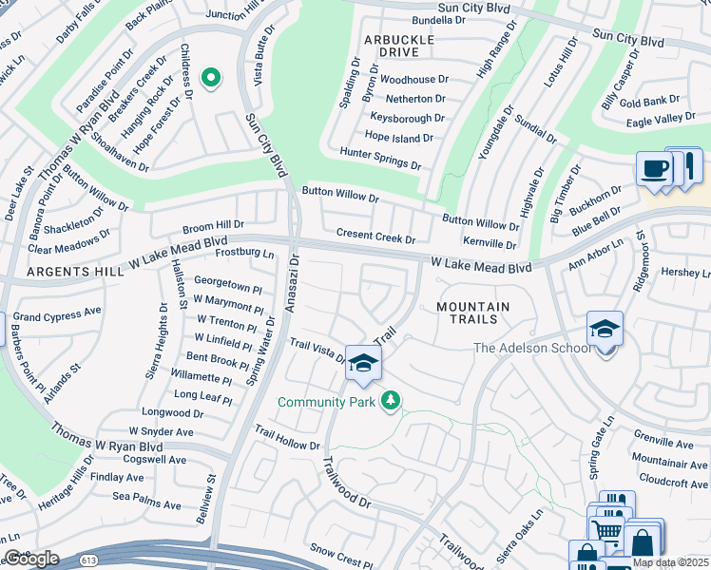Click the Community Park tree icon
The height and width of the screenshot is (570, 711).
390,402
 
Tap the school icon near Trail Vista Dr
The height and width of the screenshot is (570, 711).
362,364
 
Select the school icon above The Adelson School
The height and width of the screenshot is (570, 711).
605,330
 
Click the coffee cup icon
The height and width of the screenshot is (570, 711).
654,169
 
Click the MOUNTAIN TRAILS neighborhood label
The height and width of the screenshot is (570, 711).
472,314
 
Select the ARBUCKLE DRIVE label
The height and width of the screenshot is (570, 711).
399,46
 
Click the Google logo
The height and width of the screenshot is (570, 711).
31,559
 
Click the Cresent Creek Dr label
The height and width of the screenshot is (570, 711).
376,237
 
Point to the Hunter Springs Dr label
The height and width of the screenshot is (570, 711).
380,159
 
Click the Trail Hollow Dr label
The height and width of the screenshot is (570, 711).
287,445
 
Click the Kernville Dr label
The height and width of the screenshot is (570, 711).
490,244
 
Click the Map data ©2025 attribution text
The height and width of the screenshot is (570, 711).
670,562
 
